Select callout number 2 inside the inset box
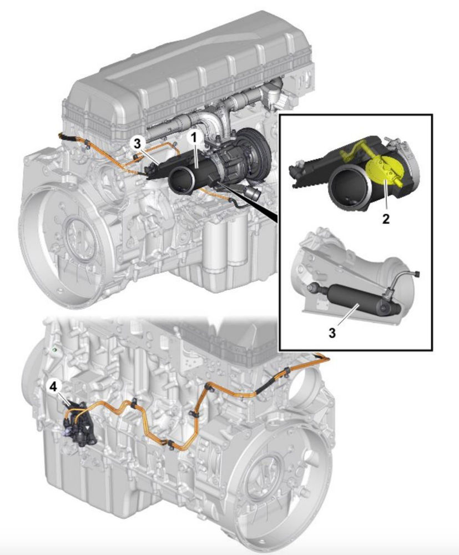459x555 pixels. [x=386, y=219]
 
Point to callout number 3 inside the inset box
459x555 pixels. [x=332, y=333]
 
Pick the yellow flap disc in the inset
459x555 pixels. [x=383, y=172]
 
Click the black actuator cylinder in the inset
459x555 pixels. [x=357, y=299]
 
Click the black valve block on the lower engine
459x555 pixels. [x=79, y=421]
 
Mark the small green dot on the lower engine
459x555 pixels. [x=54, y=350]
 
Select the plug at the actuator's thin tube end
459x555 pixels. [x=416, y=274]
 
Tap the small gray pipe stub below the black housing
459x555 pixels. [x=252, y=193]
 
